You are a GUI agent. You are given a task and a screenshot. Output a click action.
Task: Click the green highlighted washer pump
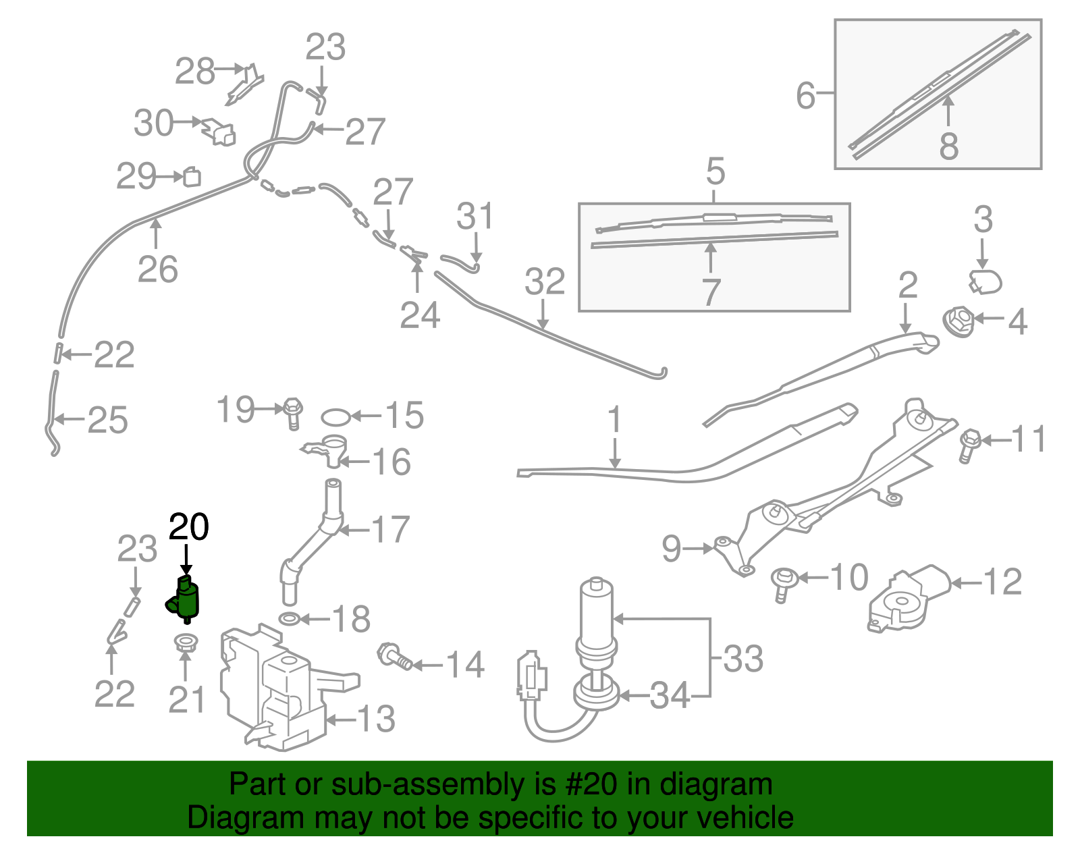186,599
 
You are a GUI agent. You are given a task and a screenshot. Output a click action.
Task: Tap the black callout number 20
188,527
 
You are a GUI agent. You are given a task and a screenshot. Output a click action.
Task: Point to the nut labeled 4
959,321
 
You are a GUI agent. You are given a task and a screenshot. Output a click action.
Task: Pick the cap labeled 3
985,282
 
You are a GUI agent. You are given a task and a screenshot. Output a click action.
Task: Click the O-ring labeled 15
335,418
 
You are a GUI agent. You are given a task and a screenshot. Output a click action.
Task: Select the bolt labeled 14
395,656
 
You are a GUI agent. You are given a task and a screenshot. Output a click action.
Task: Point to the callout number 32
545,282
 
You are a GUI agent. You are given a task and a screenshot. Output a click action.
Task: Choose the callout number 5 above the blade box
715,171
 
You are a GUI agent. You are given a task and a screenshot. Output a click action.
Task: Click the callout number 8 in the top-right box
948,146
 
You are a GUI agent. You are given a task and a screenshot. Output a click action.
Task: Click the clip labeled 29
192,177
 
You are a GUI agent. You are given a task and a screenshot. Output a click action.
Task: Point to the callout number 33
742,659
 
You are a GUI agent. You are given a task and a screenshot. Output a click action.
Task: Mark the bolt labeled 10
784,583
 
